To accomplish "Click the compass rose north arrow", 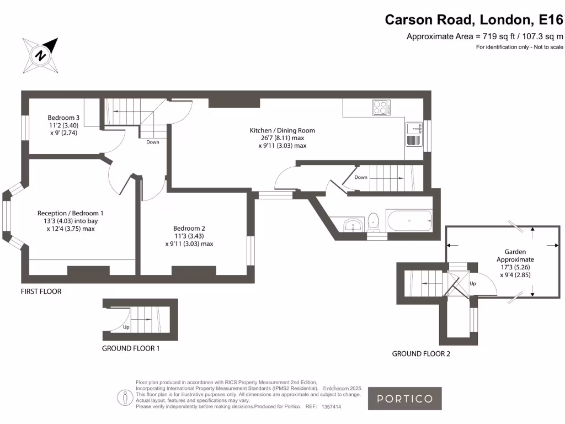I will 40,55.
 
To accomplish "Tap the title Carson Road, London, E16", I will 474,19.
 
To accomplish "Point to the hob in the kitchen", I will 381,107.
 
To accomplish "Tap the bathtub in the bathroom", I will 409,221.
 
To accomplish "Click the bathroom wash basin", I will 352,225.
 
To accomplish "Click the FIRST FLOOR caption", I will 41,291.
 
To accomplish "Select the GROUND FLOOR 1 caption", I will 131,348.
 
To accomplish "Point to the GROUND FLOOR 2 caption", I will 421,354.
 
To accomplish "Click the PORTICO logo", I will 405,399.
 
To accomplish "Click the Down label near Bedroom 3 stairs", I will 153,142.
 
